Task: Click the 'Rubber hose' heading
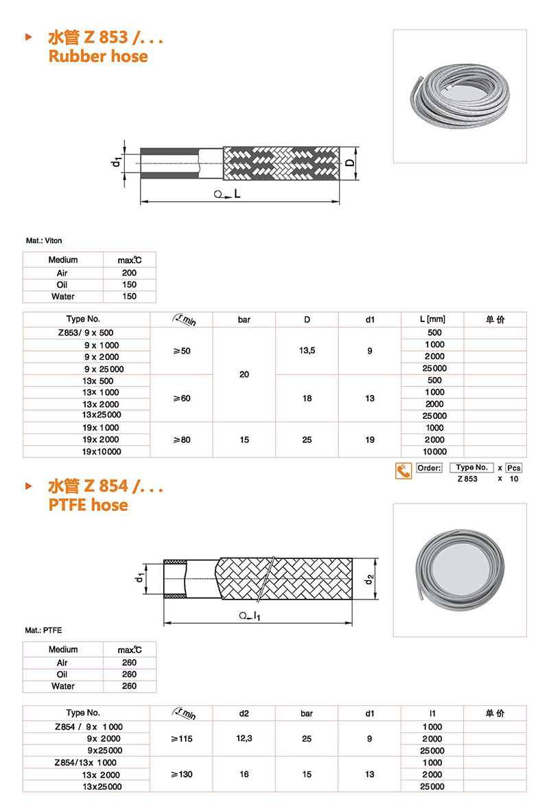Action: pyautogui.click(x=98, y=56)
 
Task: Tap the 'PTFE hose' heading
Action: pyautogui.click(x=88, y=505)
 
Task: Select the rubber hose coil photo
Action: pyautogui.click(x=460, y=96)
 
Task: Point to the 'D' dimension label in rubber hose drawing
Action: pyautogui.click(x=350, y=163)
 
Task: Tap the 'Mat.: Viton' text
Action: pyautogui.click(x=43, y=241)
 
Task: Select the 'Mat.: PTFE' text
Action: pyautogui.click(x=43, y=630)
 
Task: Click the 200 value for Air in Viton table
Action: pyautogui.click(x=129, y=273)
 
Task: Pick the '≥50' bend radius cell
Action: pyautogui.click(x=181, y=351)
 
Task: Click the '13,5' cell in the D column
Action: pyautogui.click(x=307, y=351)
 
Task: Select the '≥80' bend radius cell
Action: pyautogui.click(x=181, y=440)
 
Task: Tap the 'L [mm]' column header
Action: pyautogui.click(x=432, y=319)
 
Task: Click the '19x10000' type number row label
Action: pyautogui.click(x=102, y=451)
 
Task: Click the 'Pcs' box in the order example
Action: pyautogui.click(x=514, y=468)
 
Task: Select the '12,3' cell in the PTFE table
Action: pyautogui.click(x=244, y=738)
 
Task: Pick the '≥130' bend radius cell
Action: pyautogui.click(x=181, y=774)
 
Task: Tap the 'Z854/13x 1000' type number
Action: pyautogui.click(x=86, y=762)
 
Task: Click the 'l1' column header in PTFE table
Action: pyautogui.click(x=432, y=714)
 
